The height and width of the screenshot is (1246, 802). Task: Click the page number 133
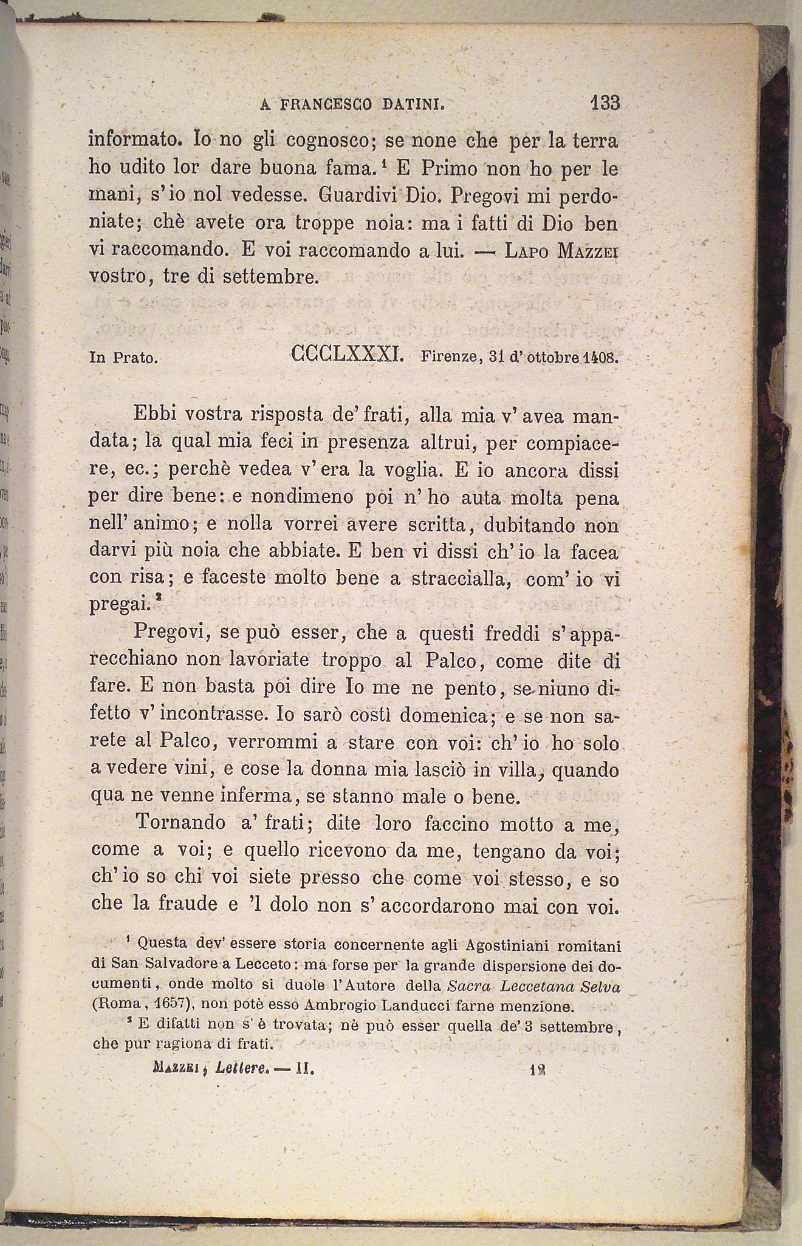pyautogui.click(x=604, y=103)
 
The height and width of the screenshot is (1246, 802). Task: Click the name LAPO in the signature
pyautogui.click(x=526, y=250)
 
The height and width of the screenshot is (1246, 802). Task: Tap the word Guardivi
pyautogui.click(x=357, y=197)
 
